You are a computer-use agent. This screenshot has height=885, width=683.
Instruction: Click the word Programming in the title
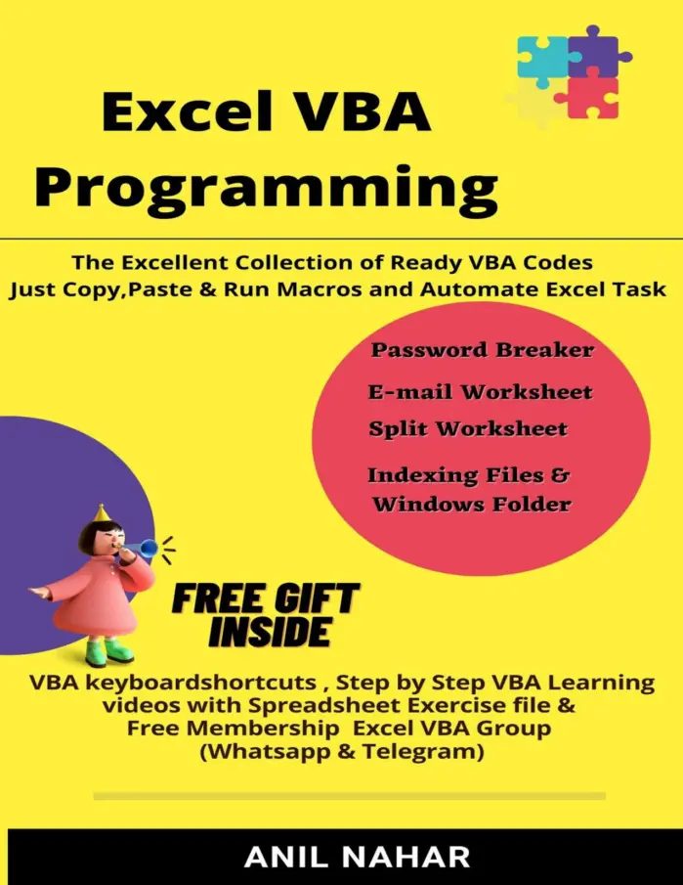click(266, 188)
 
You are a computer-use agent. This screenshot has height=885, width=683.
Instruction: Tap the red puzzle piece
click(589, 97)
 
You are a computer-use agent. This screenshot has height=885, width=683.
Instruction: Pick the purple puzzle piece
click(598, 51)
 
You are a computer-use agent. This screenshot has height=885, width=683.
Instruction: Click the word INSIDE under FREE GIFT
click(271, 631)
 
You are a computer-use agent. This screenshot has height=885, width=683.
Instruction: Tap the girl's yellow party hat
click(102, 513)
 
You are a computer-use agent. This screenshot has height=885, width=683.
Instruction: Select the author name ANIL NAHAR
click(357, 858)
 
